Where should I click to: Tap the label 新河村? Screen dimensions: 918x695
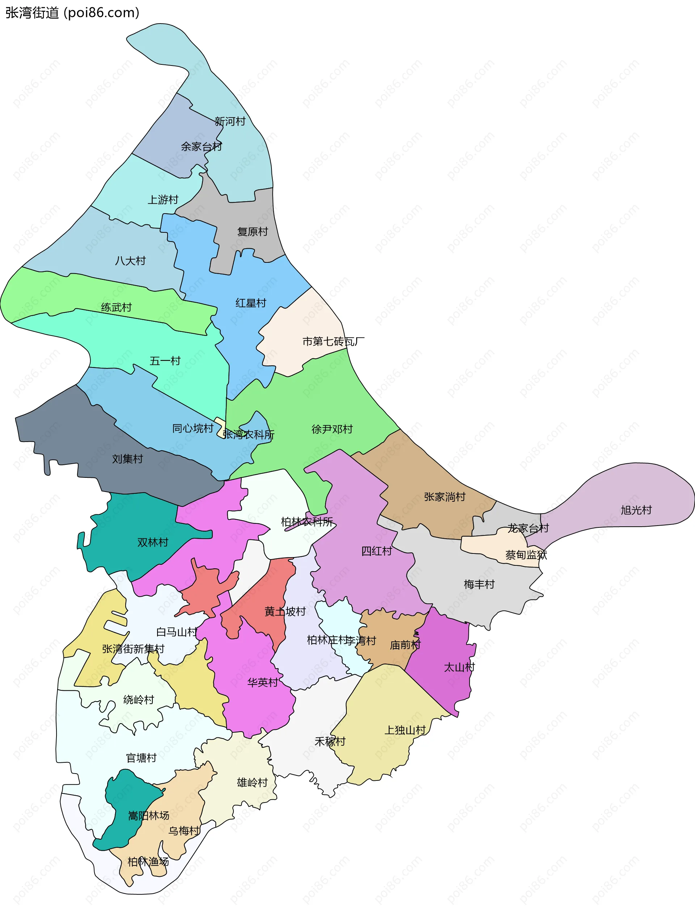[x=230, y=122]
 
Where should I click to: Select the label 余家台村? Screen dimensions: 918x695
[x=201, y=147]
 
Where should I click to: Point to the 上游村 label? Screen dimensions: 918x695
[x=163, y=199]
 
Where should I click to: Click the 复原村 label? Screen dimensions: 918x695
[x=252, y=232]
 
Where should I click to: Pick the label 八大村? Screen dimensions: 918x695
[x=130, y=261]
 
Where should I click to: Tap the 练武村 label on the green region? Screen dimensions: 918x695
[x=116, y=308]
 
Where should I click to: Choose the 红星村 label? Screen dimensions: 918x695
[x=250, y=303]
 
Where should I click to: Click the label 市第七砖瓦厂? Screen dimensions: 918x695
[x=333, y=342]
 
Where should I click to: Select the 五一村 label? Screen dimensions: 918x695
[x=165, y=361]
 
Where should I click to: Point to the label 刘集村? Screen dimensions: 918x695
[x=127, y=459]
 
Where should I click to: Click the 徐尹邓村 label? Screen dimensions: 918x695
[x=332, y=429]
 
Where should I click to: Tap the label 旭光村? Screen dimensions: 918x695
[x=636, y=510]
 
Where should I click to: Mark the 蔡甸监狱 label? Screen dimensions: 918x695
[x=526, y=555]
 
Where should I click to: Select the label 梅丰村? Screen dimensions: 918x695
[x=479, y=584]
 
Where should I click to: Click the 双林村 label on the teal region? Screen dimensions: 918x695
[x=153, y=542]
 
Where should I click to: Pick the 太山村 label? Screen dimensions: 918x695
[x=459, y=668]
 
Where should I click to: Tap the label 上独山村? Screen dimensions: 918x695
[x=405, y=730]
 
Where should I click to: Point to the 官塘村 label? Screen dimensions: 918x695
[x=141, y=758]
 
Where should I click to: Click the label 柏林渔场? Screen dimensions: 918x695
[x=148, y=862]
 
